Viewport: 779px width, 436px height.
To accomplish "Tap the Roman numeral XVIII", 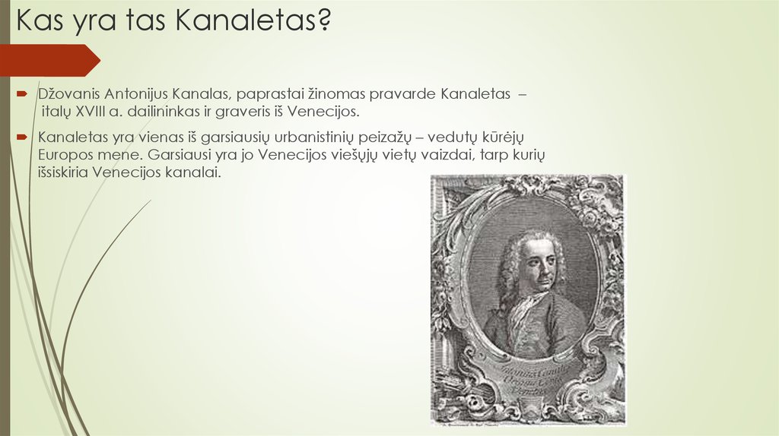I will click(x=93, y=112).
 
